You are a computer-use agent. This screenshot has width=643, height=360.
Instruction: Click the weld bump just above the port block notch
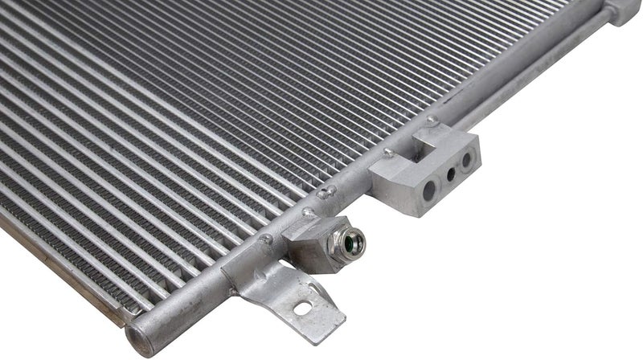tap(432, 120)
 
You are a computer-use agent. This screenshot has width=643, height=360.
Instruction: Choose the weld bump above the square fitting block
tap(306, 213)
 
